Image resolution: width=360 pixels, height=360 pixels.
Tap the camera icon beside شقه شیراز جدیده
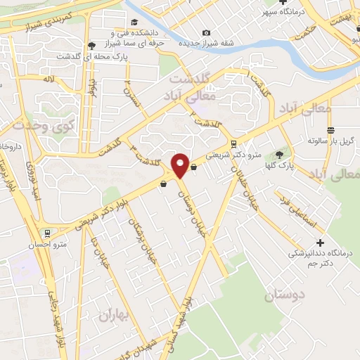pos(206,33)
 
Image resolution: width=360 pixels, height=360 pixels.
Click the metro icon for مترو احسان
pos(47,233)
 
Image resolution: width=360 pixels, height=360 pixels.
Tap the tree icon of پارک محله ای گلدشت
pos(91,46)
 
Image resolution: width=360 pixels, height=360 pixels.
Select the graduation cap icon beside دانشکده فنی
pos(114,33)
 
